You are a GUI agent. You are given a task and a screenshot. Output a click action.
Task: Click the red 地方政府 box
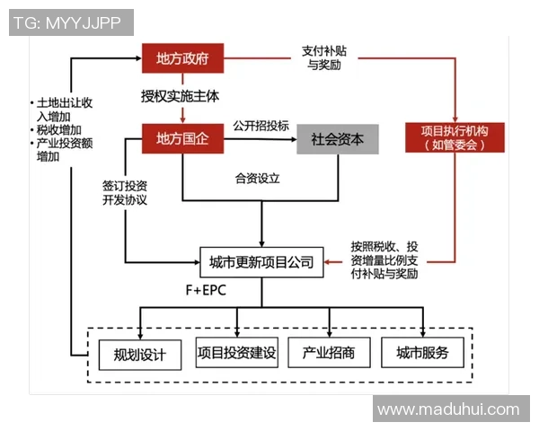click(x=182, y=59)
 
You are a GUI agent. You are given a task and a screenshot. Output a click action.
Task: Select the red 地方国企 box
click(x=182, y=139)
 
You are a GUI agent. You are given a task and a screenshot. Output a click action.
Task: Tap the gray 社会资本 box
click(x=338, y=139)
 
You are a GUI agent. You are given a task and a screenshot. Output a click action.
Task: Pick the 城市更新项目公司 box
click(x=261, y=262)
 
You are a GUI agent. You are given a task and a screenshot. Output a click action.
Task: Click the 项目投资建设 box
click(x=236, y=353)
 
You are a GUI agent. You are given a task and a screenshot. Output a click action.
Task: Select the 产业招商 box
click(x=328, y=353)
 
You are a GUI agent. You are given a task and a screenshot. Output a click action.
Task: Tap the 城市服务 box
click(x=422, y=353)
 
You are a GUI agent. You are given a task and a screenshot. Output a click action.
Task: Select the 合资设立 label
click(x=257, y=179)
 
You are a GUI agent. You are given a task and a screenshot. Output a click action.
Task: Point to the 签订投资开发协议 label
click(x=124, y=191)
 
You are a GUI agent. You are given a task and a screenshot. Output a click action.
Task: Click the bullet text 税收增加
click(x=55, y=130)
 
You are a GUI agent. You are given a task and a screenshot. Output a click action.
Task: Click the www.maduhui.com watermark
click(x=448, y=409)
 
